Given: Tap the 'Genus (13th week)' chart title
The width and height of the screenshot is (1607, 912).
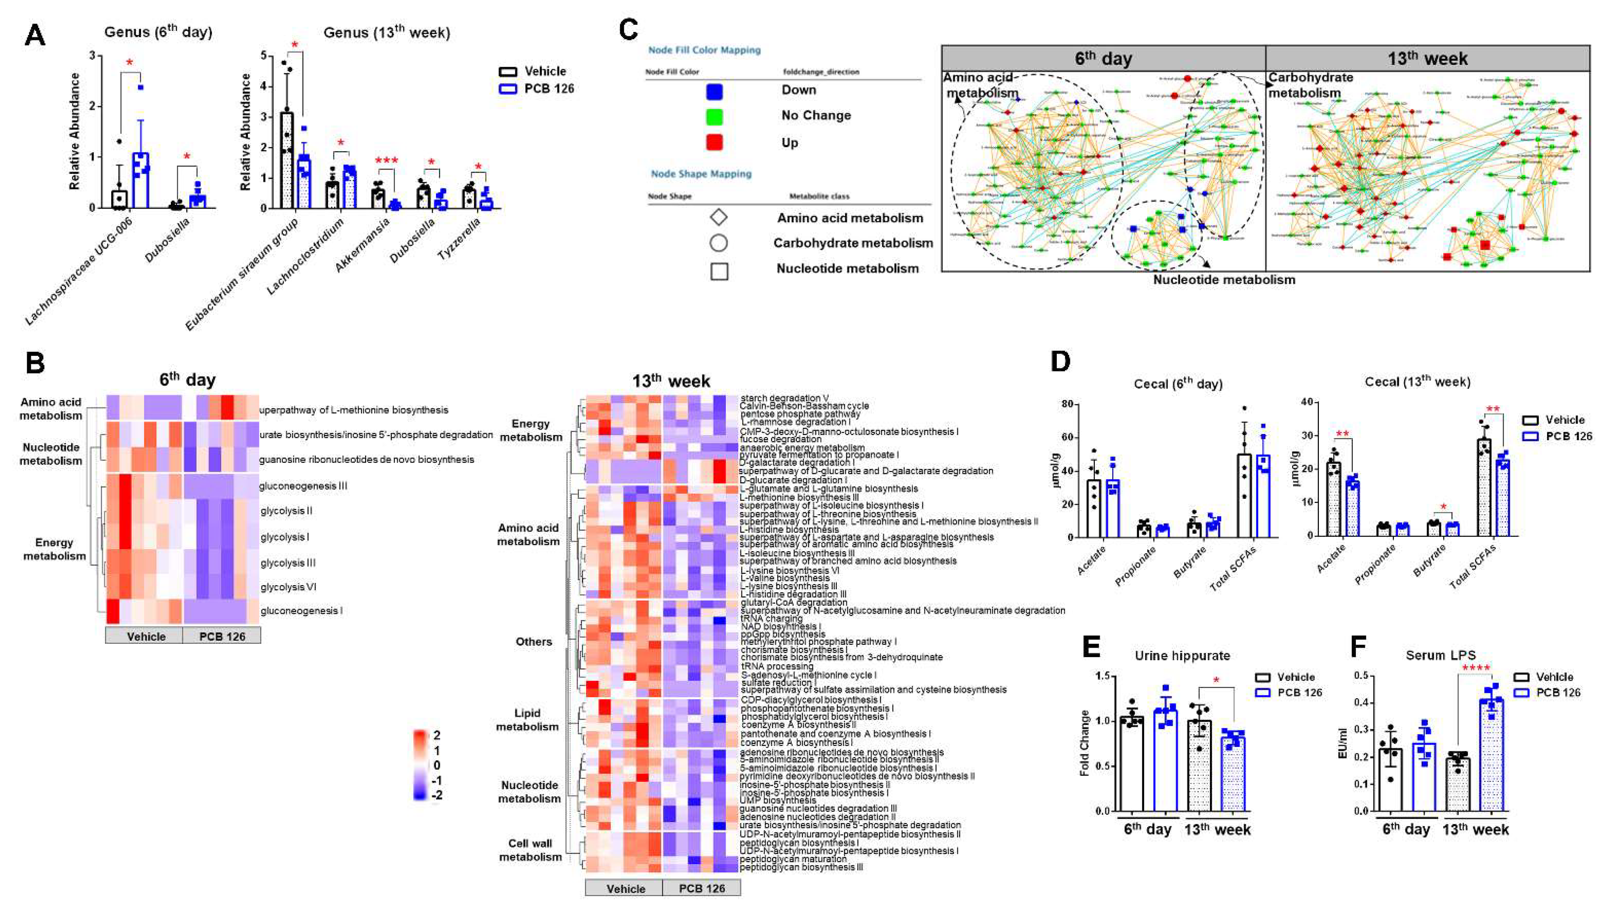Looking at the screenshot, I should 387,32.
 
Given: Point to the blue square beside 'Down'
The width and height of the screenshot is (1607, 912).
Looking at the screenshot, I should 714,92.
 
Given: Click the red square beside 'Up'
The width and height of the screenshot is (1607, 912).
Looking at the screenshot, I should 714,143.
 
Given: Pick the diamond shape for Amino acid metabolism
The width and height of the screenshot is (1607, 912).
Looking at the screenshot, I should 718,218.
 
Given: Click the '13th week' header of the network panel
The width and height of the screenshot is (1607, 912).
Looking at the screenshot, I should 1427,59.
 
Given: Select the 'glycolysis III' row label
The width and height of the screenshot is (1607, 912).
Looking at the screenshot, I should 287,563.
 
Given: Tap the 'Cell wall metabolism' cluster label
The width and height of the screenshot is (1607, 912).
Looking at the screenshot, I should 530,850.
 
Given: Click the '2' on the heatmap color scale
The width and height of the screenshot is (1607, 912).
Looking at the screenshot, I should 436,735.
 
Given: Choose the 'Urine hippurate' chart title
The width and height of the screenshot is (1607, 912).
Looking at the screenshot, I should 1182,656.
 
